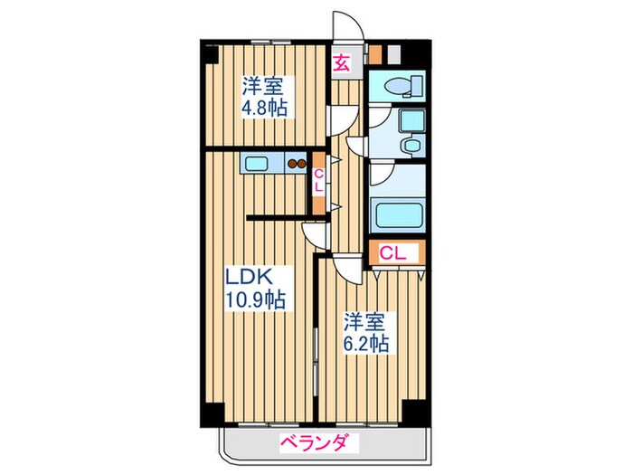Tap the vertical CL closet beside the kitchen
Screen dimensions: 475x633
point(318,180)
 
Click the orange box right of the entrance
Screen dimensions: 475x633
point(375,53)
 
